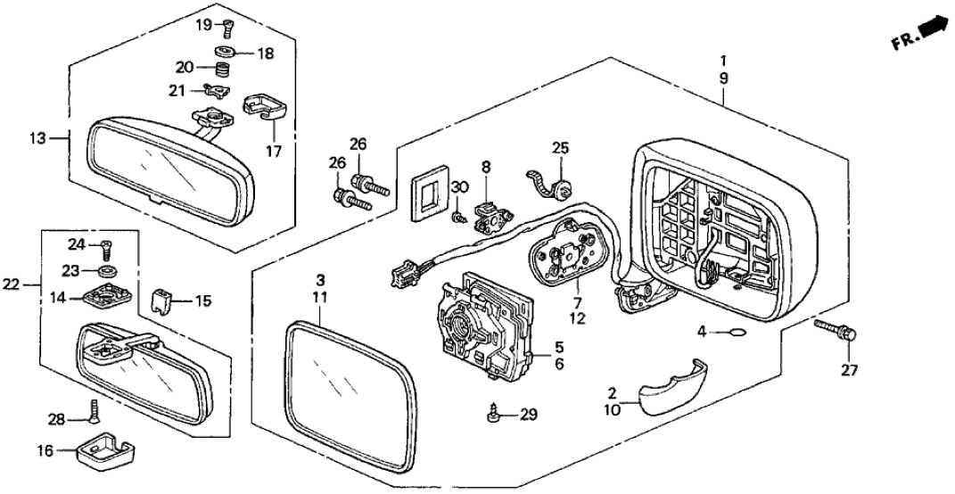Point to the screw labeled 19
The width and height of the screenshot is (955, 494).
click(x=227, y=28)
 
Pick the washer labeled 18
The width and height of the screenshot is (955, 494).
click(x=224, y=53)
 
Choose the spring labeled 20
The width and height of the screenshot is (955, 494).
click(x=223, y=70)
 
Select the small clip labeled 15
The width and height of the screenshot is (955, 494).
click(x=160, y=301)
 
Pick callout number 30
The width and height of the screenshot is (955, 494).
click(x=460, y=186)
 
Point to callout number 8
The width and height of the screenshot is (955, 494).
click(x=486, y=166)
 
